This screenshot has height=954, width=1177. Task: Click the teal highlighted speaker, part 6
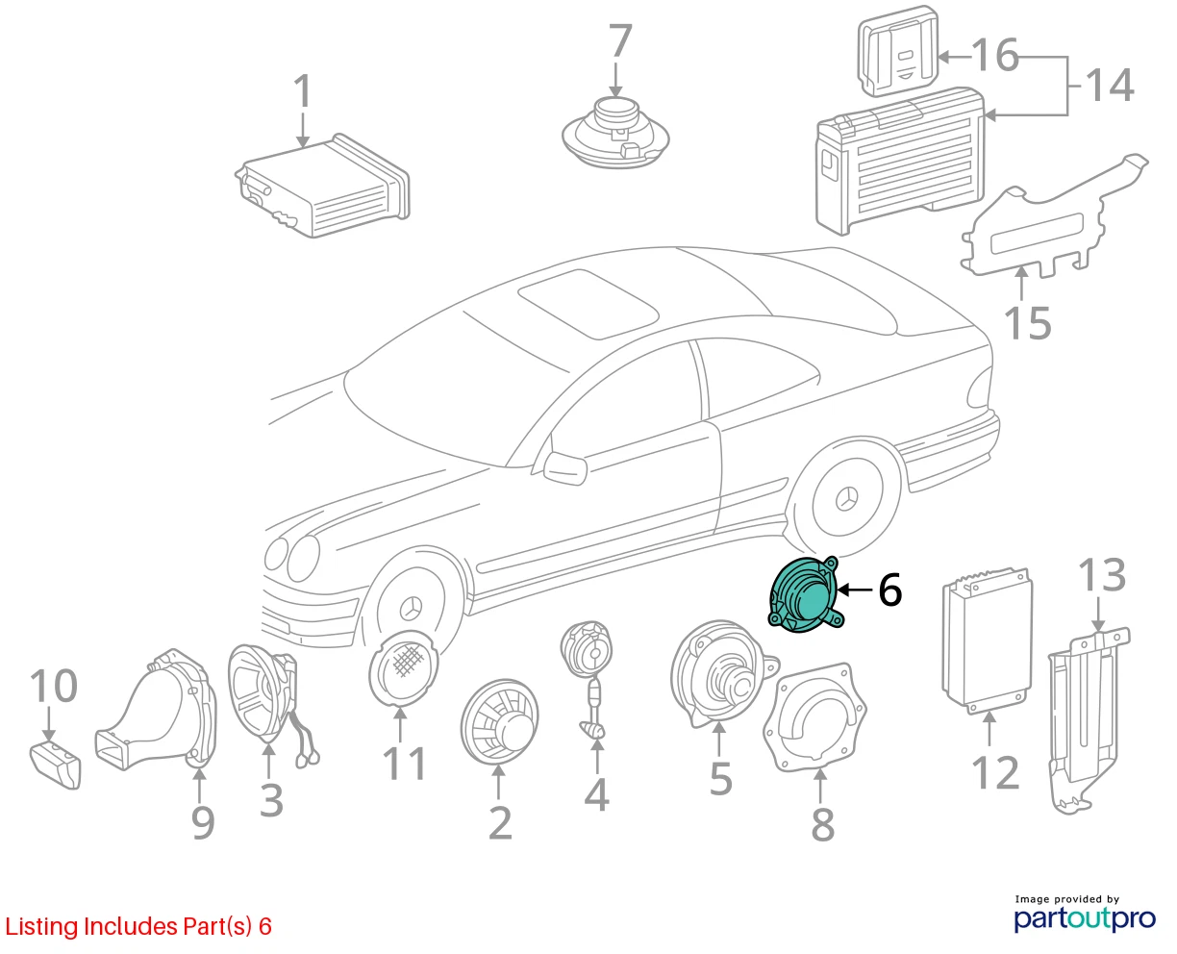point(806,594)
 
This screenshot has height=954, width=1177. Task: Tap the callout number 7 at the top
point(619,41)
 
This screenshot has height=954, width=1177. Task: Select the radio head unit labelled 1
point(323,186)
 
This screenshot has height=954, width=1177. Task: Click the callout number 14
point(1110,86)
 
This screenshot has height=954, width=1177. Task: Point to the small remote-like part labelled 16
point(898,51)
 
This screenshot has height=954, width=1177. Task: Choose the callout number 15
point(1027,323)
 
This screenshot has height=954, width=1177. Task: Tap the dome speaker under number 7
point(615,133)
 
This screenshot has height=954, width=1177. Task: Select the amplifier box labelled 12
point(987,641)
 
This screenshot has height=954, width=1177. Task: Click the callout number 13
point(1101,576)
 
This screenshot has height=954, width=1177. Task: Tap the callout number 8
point(822,825)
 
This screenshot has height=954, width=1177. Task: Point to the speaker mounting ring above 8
point(814,718)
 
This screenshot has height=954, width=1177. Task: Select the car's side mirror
point(564,468)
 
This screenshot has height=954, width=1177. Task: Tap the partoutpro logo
point(1085,919)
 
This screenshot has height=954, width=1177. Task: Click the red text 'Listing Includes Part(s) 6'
point(138,927)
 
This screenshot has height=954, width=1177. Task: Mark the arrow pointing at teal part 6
point(856,590)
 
